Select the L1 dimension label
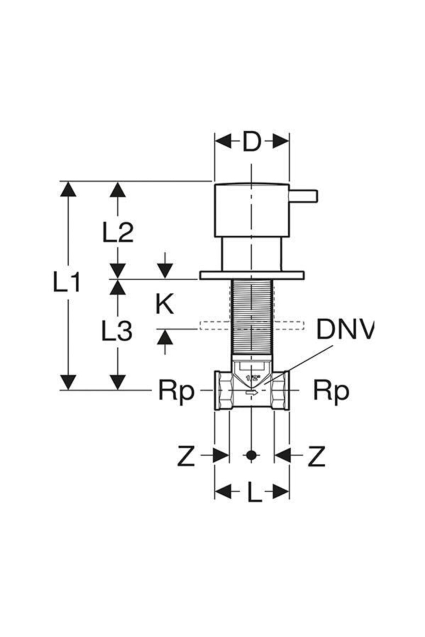pos(67,282)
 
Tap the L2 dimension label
pos(118,232)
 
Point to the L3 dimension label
pos(117,331)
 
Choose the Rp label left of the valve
pos(176,391)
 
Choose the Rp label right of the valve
pos(331,391)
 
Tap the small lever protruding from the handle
pos(304,196)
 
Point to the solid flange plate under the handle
pos(251,275)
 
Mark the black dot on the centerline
pos(251,455)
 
